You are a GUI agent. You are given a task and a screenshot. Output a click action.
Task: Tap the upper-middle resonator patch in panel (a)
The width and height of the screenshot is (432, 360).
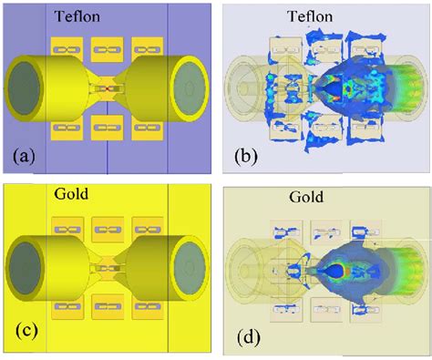pyautogui.click(x=108, y=51)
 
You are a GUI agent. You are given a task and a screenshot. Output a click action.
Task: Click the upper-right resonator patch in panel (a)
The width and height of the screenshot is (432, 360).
pyautogui.click(x=147, y=51)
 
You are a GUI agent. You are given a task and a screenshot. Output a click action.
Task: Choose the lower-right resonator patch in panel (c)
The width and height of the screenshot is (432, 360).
pyautogui.click(x=147, y=310)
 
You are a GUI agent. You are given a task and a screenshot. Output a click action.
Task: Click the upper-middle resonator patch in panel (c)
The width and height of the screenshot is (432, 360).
pyautogui.click(x=108, y=228)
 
